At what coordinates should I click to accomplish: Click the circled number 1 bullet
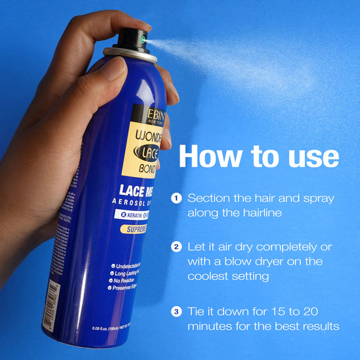click(x=177, y=198)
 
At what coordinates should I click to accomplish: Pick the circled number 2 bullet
click(x=177, y=247)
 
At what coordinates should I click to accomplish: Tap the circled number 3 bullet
click(x=177, y=311)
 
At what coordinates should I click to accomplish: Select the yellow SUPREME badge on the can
click(x=134, y=230)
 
